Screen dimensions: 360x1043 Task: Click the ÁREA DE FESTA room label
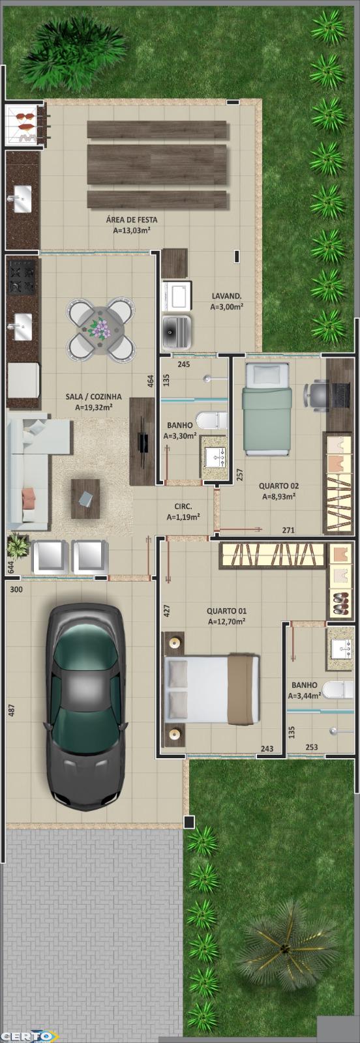[131, 219]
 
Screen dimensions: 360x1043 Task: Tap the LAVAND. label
[226, 296]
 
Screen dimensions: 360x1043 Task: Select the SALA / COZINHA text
[94, 397]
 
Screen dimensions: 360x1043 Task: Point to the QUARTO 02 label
[278, 486]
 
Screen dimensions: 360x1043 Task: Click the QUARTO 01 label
[226, 610]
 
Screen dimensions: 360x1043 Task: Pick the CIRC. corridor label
[183, 506]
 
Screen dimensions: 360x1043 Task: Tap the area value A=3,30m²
[180, 436]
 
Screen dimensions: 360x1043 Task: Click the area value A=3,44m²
[304, 696]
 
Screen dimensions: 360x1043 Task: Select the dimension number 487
[12, 710]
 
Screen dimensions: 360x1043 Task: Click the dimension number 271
[288, 530]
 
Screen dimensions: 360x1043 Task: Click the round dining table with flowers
[101, 329]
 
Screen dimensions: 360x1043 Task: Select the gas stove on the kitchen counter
[22, 277]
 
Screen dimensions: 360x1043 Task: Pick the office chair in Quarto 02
[316, 396]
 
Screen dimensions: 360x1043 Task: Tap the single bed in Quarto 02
[266, 409]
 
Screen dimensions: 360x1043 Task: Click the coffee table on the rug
[85, 499]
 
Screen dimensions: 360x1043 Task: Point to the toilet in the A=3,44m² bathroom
[338, 689]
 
